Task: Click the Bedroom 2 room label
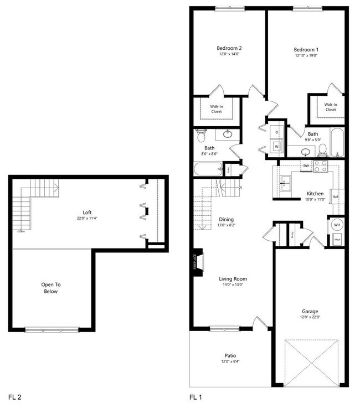pyautogui.click(x=229, y=48)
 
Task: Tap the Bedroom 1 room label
pyautogui.click(x=306, y=49)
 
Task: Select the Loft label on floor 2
pyautogui.click(x=87, y=211)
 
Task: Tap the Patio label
pyautogui.click(x=230, y=355)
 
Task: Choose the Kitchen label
pyautogui.click(x=315, y=194)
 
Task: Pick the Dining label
pyautogui.click(x=226, y=219)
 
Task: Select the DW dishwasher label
pyautogui.click(x=306, y=165)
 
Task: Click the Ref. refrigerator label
pyautogui.click(x=335, y=196)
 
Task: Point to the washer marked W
pyautogui.click(x=277, y=146)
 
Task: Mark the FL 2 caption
pyautogui.click(x=15, y=397)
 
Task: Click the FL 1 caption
pyautogui.click(x=196, y=397)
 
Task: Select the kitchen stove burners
pyautogui.click(x=320, y=165)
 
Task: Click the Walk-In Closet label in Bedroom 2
pyautogui.click(x=216, y=108)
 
